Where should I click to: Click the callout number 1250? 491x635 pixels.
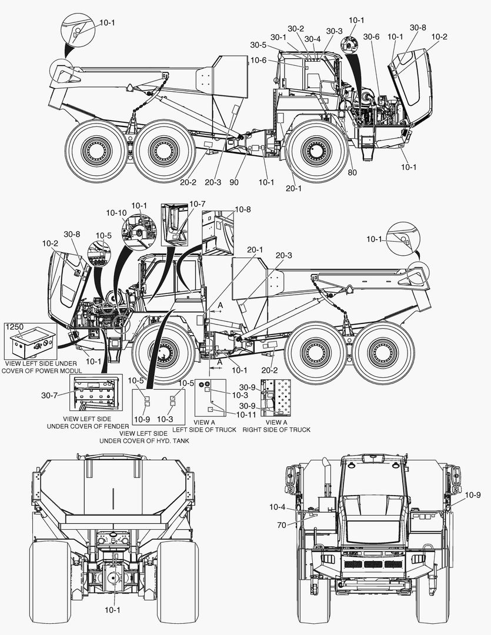pos(15,327)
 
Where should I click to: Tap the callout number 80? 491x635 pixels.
pos(352,172)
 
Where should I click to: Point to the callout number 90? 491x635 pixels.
pos(234,182)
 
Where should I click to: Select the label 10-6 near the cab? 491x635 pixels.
pos(259,61)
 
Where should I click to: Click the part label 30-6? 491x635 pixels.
pos(371,37)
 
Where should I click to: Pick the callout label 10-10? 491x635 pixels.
pos(116,213)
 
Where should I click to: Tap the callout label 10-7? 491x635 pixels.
pos(198,203)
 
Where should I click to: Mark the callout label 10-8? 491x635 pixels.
pos(243,209)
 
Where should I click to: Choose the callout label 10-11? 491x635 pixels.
pos(246,415)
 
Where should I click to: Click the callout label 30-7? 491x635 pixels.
pos(49,395)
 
